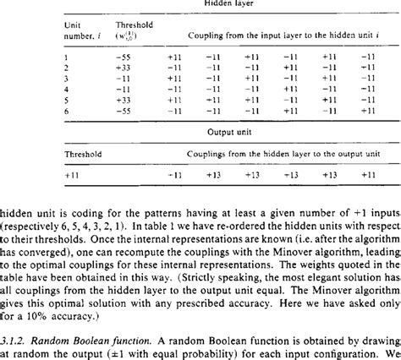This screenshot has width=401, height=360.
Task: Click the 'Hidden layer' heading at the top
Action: tap(205, 3)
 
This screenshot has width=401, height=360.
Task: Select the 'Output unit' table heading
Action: tap(205, 132)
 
